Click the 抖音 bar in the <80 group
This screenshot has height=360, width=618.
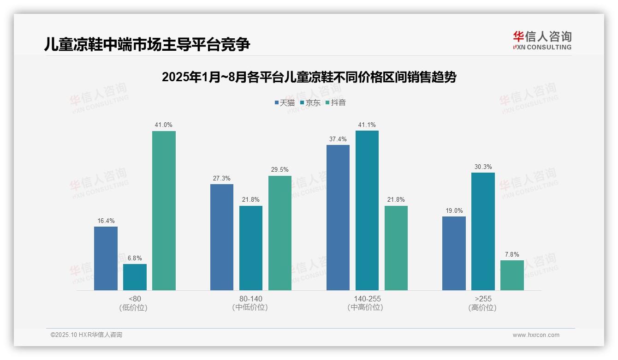pyautogui.click(x=164, y=210)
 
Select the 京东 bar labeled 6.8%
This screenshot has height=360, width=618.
pyautogui.click(x=135, y=277)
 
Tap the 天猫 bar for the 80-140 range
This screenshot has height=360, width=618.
pyautogui.click(x=222, y=237)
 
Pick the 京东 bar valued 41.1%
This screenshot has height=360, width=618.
pyautogui.click(x=367, y=210)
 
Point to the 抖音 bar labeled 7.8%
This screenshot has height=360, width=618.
pyautogui.click(x=512, y=275)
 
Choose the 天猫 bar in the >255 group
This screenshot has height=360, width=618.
pyautogui.click(x=454, y=253)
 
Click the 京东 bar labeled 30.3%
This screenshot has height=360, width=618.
pyautogui.click(x=483, y=231)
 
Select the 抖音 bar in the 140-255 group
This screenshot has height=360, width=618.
pyautogui.click(x=396, y=248)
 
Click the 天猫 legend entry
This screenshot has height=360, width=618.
pyautogui.click(x=285, y=103)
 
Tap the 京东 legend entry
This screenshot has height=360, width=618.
pyautogui.click(x=310, y=103)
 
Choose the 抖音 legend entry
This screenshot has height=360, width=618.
pyautogui.click(x=336, y=103)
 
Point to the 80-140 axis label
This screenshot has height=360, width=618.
pyautogui.click(x=250, y=299)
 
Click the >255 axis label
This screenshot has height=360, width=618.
pyautogui.click(x=482, y=299)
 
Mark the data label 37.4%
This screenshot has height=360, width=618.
pyautogui.click(x=338, y=139)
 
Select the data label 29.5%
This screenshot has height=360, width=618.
pyautogui.click(x=280, y=170)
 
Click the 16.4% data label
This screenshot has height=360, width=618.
pyautogui.click(x=106, y=221)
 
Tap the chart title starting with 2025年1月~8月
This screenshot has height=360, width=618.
pyautogui.click(x=309, y=77)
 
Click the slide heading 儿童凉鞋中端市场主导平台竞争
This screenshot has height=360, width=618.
pyautogui.click(x=147, y=45)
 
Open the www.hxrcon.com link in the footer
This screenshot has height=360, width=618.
pyautogui.click(x=536, y=335)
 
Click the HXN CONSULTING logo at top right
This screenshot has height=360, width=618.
pyautogui.click(x=542, y=40)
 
